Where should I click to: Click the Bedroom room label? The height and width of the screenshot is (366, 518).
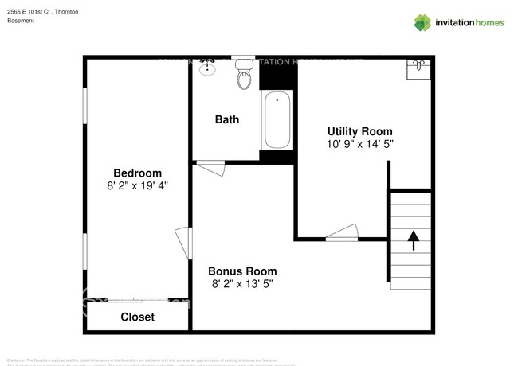(x=137, y=173)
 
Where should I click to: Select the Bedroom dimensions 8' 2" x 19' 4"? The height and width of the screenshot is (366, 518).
(x=137, y=185)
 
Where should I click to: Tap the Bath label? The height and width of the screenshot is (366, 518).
(x=227, y=119)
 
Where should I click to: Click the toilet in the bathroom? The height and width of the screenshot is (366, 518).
(x=245, y=76)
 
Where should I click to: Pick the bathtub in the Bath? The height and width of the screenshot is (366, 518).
(x=277, y=120)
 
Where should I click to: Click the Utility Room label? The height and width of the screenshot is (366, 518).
(x=359, y=131)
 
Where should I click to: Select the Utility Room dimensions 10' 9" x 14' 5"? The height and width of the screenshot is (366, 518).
(x=359, y=144)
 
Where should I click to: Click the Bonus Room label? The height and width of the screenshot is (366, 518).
(x=243, y=271)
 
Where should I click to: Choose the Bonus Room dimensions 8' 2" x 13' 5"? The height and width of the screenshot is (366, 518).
(x=243, y=283)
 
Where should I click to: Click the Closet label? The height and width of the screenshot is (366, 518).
(x=137, y=317)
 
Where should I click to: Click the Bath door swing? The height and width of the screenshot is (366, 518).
(x=211, y=168)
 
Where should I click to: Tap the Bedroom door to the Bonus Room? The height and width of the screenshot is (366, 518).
(x=184, y=243)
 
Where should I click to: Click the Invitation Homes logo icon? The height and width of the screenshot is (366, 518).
(x=422, y=22)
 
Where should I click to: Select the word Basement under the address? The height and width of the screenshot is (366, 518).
(x=21, y=21)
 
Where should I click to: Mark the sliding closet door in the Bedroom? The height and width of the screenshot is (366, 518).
(x=137, y=300)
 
